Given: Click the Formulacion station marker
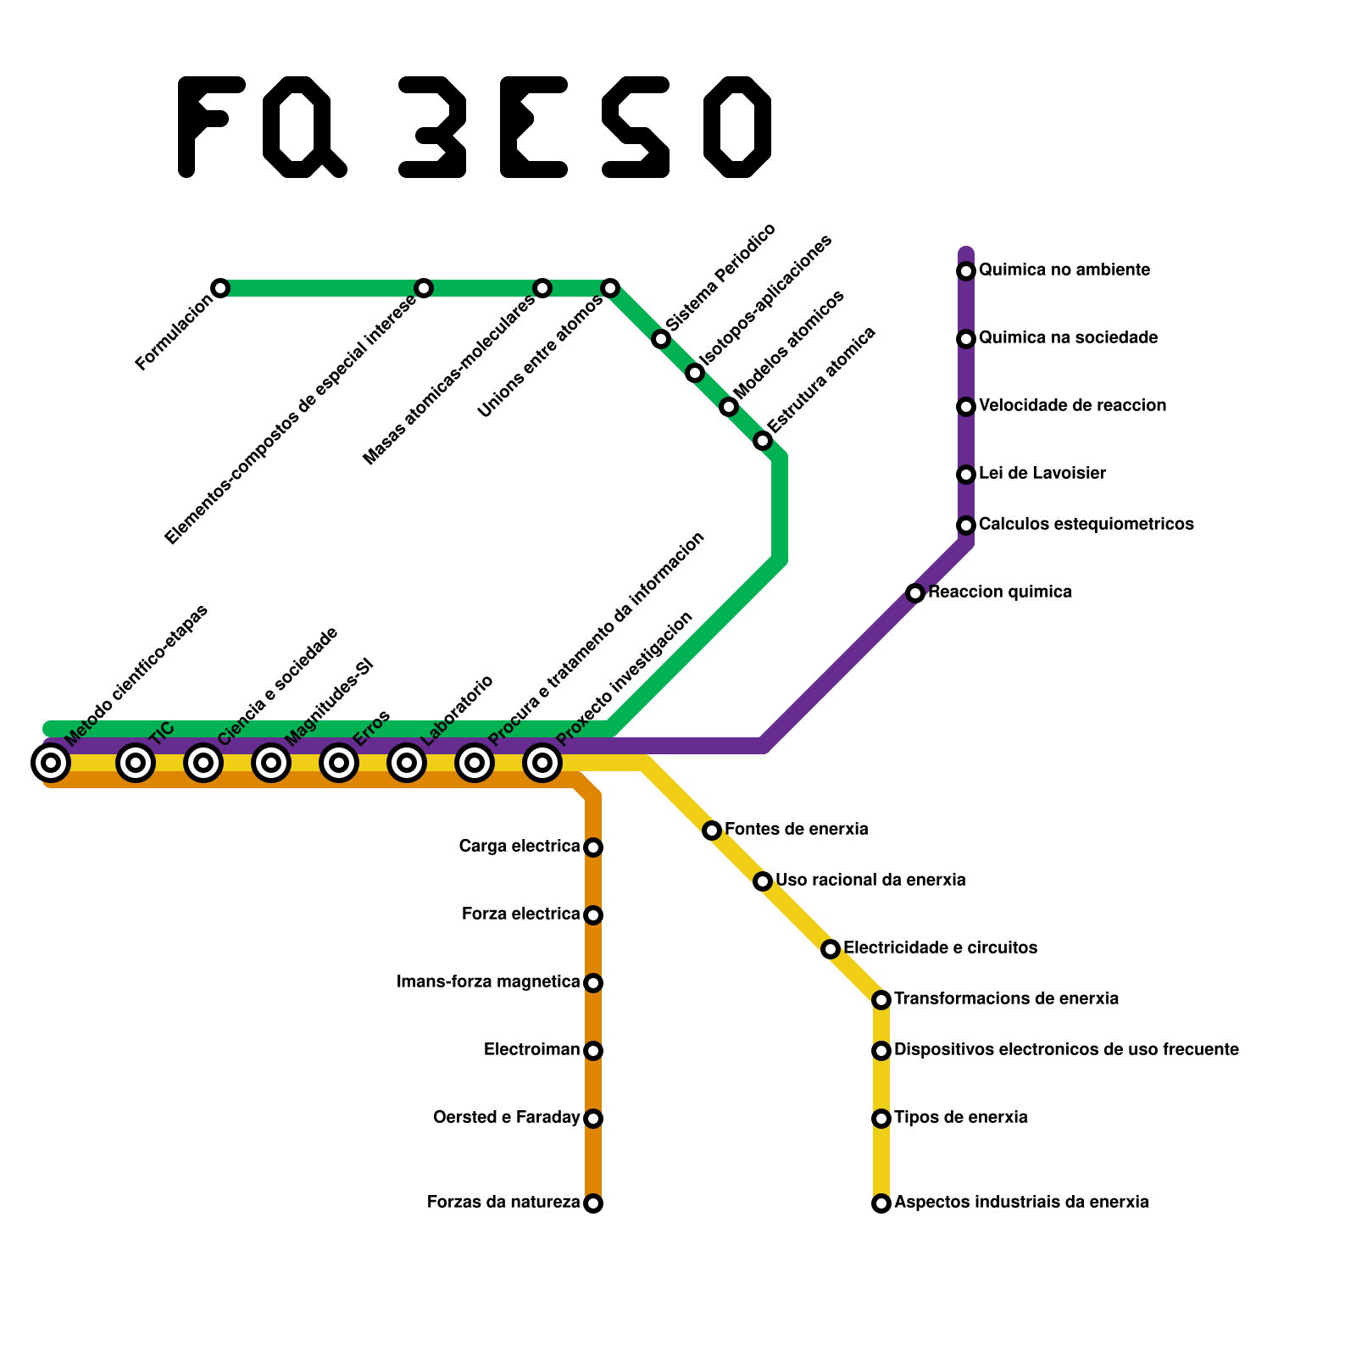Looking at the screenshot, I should click(220, 288).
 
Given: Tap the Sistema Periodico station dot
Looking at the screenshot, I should click(661, 340).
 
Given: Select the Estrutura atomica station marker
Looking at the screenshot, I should click(763, 441).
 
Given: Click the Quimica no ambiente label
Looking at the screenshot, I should click(1064, 270).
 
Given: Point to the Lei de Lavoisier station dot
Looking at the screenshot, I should click(966, 475).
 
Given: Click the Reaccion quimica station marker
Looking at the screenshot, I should click(915, 593).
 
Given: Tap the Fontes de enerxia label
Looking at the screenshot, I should click(796, 829).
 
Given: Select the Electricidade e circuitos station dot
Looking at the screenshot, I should click(831, 949).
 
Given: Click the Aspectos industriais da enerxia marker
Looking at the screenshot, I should click(881, 1203).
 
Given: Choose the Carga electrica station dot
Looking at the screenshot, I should click(593, 847).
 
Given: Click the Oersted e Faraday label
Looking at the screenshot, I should click(506, 1118).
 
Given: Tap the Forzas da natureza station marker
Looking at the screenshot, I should click(593, 1203).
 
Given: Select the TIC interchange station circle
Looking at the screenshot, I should click(136, 764).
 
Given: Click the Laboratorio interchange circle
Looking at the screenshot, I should click(407, 764).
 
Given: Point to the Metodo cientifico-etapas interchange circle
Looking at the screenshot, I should click(51, 764).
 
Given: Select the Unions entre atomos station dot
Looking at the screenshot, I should click(610, 288).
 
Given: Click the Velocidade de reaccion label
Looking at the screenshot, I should click(1072, 406).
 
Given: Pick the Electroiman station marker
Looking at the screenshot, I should click(593, 1051).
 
